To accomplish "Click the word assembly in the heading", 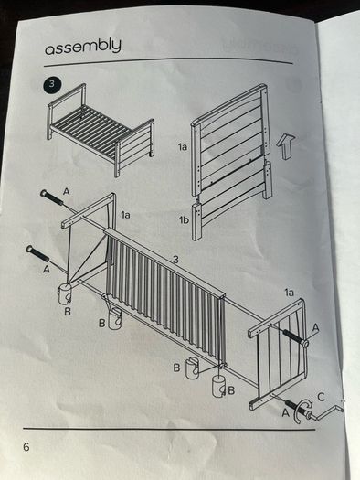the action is (x=83, y=47).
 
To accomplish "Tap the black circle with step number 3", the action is (x=52, y=84).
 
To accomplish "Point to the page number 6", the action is (x=26, y=447).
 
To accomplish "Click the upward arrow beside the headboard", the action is (x=286, y=146).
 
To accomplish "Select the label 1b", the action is (x=184, y=219).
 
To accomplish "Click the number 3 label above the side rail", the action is (x=175, y=260).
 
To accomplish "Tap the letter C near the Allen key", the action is (x=321, y=398).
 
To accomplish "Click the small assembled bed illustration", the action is (x=101, y=130).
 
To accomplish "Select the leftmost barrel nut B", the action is (x=65, y=293).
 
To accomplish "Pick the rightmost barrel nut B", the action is (x=219, y=387).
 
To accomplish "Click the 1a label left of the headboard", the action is (x=183, y=147).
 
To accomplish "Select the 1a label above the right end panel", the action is (x=289, y=293).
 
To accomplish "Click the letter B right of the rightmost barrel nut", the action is (x=231, y=390).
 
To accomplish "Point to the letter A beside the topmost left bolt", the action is (x=66, y=192).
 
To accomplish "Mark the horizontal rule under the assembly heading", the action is (x=168, y=60).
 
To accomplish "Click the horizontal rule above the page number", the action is (x=169, y=429).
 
